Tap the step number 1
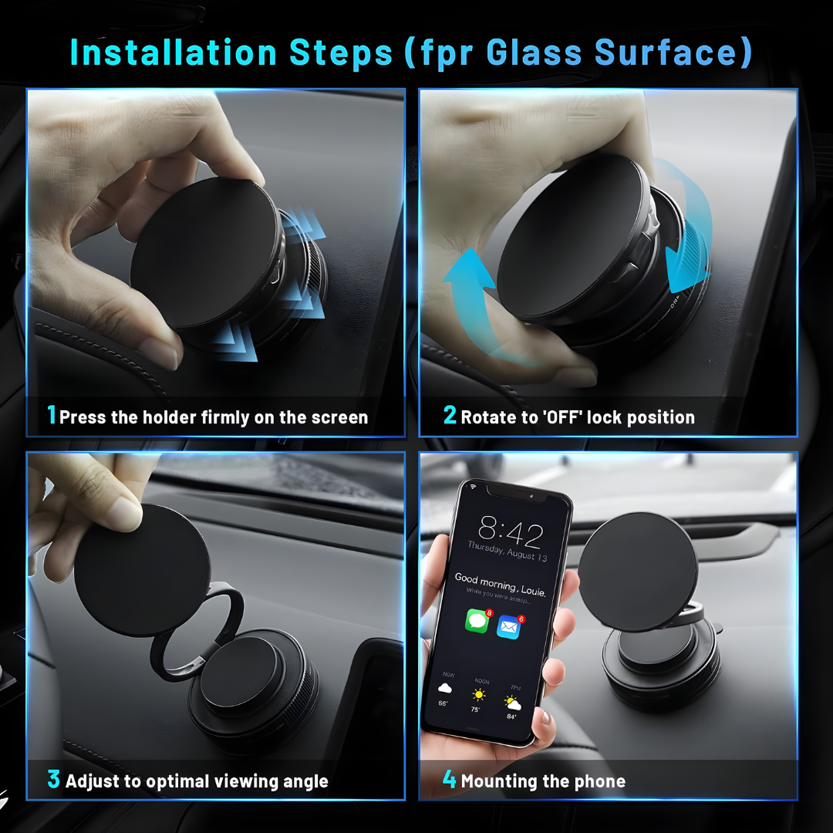[x=52, y=416]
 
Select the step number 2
[x=450, y=416]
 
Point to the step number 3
[x=53, y=780]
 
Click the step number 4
[x=450, y=780]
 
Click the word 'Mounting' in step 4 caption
[x=499, y=781]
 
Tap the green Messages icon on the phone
[x=477, y=621]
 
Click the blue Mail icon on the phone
[x=509, y=626]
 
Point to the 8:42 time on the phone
[x=510, y=531]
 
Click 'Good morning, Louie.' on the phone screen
[x=499, y=582]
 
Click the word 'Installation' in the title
[x=173, y=52]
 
